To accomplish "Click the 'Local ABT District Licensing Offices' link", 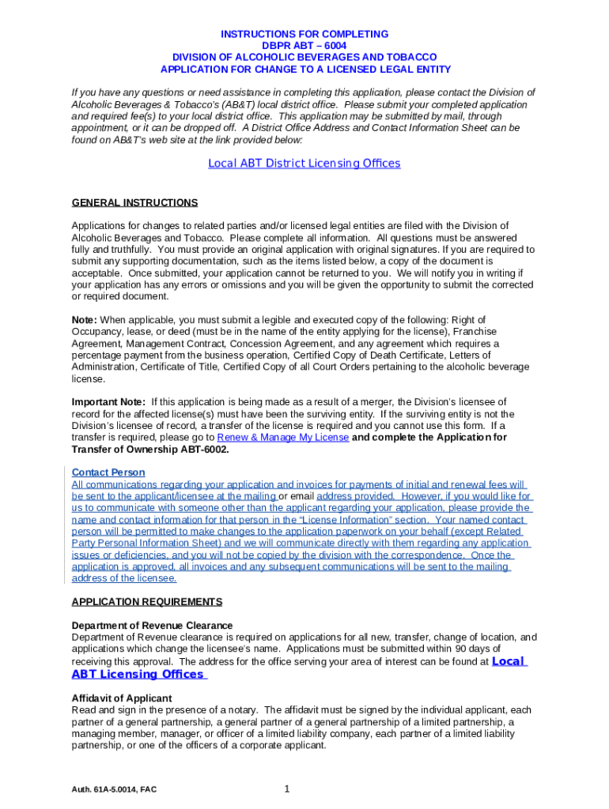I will [x=304, y=164].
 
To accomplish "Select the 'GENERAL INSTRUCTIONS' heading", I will [x=134, y=203].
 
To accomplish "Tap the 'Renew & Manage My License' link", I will [x=282, y=438].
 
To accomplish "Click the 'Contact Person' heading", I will [x=108, y=472].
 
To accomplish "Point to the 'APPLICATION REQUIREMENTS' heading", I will [x=146, y=602].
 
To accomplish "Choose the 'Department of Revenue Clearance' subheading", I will [x=152, y=626].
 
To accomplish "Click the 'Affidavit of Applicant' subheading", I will [x=122, y=698].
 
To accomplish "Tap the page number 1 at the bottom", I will [x=287, y=788].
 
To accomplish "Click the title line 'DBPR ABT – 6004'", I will [x=304, y=46].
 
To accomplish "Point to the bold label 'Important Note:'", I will [x=108, y=402].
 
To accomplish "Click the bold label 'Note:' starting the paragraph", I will [x=85, y=320].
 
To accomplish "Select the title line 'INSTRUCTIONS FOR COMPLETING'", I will [x=304, y=34].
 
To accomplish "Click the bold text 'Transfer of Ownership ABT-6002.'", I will [x=150, y=450].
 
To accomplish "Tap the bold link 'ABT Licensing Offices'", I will [x=138, y=674].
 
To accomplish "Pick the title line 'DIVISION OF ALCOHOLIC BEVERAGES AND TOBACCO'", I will [x=304, y=58].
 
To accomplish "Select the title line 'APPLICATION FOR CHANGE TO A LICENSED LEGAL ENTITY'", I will [x=304, y=70].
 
